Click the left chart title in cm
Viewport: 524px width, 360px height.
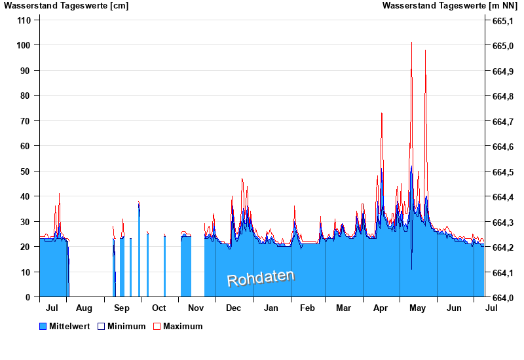point(66,6)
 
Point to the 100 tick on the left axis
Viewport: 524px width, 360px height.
point(24,45)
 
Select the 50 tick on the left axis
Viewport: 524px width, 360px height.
point(26,171)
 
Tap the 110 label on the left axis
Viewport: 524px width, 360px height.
point(24,20)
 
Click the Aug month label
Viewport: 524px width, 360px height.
point(84,308)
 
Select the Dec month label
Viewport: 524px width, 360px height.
point(233,308)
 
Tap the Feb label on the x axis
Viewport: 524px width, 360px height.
point(307,308)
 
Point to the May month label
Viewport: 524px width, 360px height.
point(417,308)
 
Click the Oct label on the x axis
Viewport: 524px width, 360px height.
point(159,308)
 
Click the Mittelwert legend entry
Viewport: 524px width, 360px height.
point(69,326)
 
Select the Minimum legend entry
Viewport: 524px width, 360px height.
point(126,326)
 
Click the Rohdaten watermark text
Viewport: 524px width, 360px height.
point(261,278)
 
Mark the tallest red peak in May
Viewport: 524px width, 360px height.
point(411,43)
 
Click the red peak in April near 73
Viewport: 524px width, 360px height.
point(381,113)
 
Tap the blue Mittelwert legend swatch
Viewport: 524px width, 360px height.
point(43,326)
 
